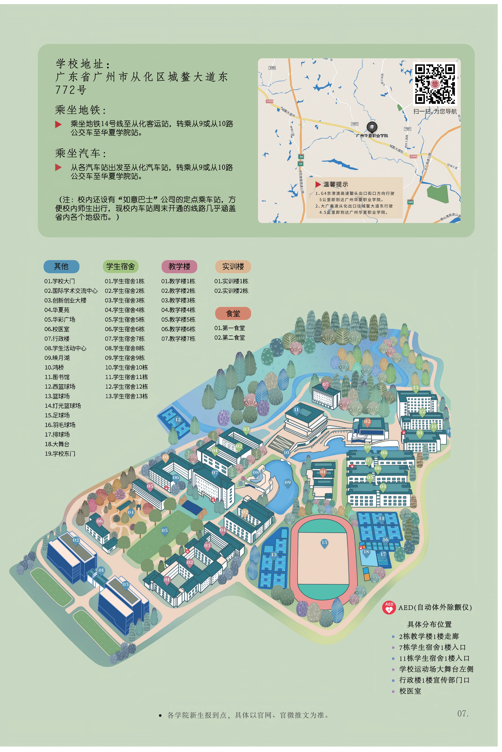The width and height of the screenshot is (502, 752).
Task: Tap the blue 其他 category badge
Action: [x=61, y=266]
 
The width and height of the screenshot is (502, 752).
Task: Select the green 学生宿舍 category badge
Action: [x=120, y=266]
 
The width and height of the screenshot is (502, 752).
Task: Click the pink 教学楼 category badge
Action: [x=179, y=266]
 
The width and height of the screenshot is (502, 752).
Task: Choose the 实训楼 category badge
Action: [x=233, y=266]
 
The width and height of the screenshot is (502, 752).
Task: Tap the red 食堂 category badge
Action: [x=233, y=313]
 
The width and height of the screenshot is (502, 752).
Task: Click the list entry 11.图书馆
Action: [x=57, y=377]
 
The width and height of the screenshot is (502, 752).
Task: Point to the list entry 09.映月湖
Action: [x=57, y=358]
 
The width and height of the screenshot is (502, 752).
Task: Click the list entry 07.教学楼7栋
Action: [x=178, y=339]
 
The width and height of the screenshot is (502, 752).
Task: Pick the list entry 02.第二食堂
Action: [x=230, y=337]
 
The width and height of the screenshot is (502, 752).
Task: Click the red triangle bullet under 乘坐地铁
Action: [x=58, y=124]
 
